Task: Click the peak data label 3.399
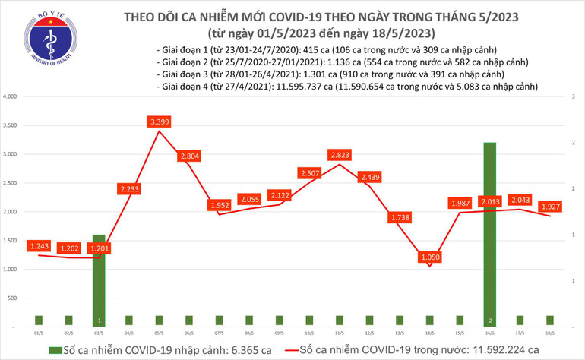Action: pos(160,122)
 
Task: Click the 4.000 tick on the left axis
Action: pos(11,97)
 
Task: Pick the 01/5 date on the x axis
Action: pos(39,332)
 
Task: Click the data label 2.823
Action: pos(339,155)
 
